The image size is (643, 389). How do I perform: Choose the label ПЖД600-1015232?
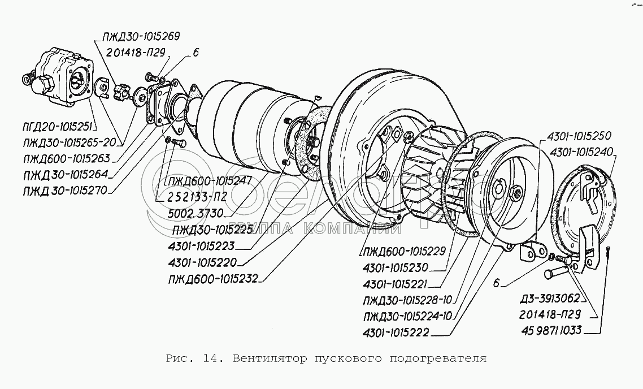[x=212, y=278]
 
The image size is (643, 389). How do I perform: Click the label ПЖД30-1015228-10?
[x=407, y=301]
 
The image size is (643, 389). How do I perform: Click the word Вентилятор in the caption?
[x=264, y=358]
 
